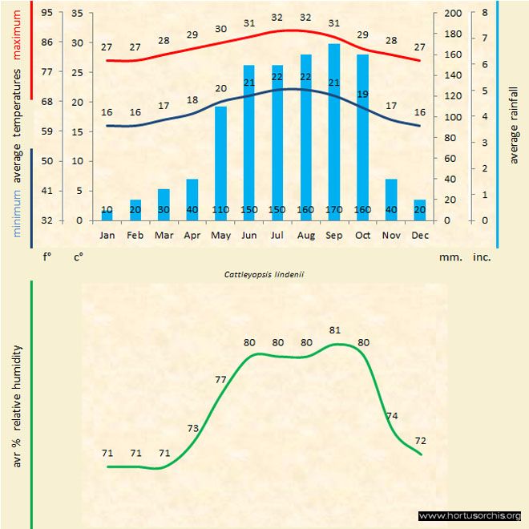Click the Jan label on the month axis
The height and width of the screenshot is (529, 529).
tap(107, 236)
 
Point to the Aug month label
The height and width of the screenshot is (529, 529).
tap(305, 236)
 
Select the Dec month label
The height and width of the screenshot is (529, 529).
tap(419, 236)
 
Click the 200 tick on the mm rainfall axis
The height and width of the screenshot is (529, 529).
tap(454, 14)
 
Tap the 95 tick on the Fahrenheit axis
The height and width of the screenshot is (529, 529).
tap(47, 14)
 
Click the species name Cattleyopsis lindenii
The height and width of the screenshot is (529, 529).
tap(264, 273)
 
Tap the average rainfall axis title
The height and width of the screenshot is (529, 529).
tap(514, 124)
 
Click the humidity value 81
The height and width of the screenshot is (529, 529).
tap(335, 329)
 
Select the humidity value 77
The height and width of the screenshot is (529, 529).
tap(221, 379)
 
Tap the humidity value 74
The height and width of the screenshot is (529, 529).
tap(392, 416)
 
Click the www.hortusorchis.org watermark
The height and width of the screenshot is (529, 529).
tap(470, 515)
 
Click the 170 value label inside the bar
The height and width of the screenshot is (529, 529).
tap(333, 210)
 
